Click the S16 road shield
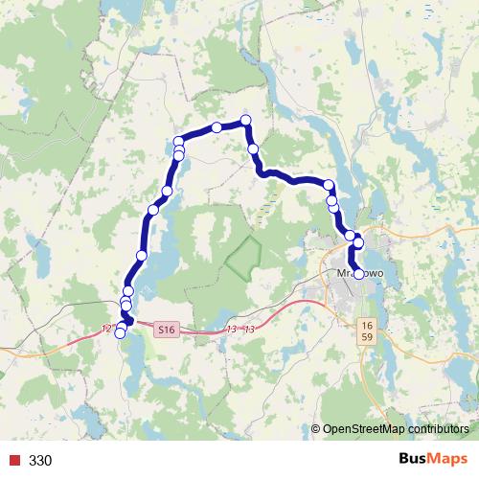(x=167, y=330)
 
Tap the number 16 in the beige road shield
(x=367, y=327)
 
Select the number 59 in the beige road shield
(x=367, y=338)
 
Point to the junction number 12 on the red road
(x=105, y=329)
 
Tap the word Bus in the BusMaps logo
(x=414, y=459)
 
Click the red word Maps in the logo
(x=448, y=459)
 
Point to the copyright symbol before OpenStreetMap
(x=316, y=428)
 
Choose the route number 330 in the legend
(x=40, y=460)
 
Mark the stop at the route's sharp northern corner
(x=246, y=120)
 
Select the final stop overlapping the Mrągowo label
(x=359, y=274)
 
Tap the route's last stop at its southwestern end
(x=120, y=333)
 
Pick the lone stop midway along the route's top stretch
(x=217, y=127)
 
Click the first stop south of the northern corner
(x=253, y=148)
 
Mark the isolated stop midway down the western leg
(x=142, y=255)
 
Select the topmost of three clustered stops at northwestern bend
(x=178, y=142)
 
